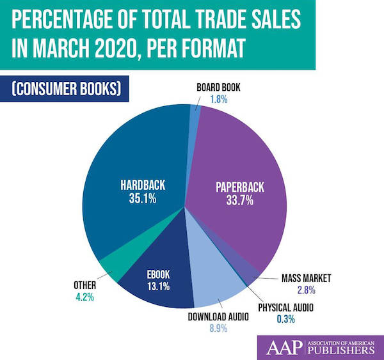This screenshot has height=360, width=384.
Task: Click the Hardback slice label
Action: tap(143, 185)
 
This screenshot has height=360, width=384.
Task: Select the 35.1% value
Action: tap(143, 198)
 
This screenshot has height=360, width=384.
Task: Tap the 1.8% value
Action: tap(219, 100)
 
